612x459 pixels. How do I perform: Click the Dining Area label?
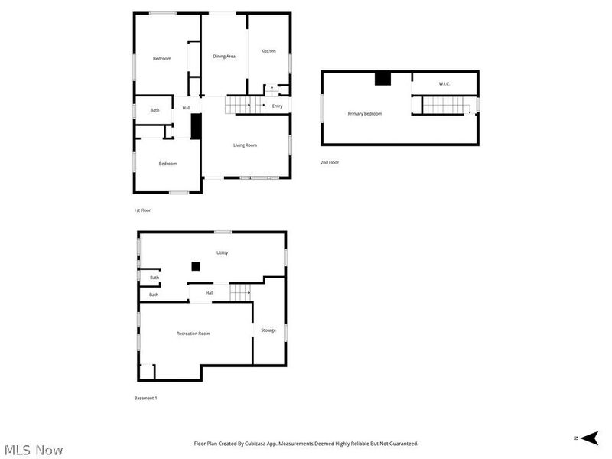[x=224, y=56]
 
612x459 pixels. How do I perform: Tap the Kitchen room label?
[x=269, y=51]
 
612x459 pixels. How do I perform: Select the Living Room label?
[x=245, y=145]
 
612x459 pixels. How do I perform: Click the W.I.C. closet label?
[x=444, y=83]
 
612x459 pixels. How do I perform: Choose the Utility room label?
[x=222, y=252]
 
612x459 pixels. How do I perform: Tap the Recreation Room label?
[x=194, y=334]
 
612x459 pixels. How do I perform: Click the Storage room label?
[x=269, y=330]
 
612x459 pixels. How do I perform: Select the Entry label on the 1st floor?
[x=277, y=106]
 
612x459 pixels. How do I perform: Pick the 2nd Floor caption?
[x=330, y=162]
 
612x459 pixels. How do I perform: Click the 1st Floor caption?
[x=142, y=210]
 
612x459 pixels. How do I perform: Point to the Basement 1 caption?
[x=145, y=398]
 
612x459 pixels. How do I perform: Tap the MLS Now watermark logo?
[x=34, y=450]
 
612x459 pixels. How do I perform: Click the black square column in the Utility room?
[x=196, y=266]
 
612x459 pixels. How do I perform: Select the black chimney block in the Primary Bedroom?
[x=382, y=78]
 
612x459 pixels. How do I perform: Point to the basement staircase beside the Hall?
[x=241, y=291]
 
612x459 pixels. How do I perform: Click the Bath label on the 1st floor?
[x=155, y=110]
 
